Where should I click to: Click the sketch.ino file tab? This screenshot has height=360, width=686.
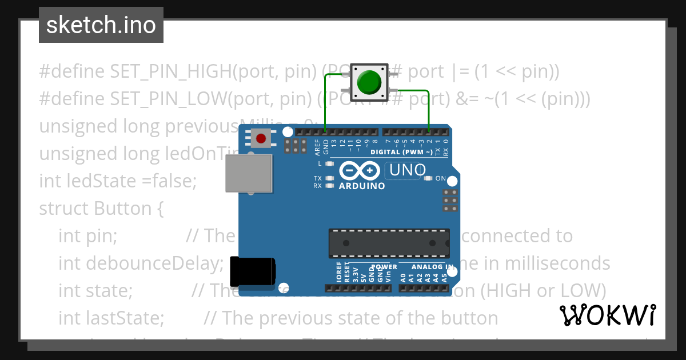[x=101, y=25]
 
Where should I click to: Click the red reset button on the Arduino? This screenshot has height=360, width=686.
[x=261, y=138]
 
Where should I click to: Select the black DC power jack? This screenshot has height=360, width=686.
[x=252, y=271]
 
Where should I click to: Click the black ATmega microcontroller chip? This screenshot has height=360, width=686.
[x=389, y=243]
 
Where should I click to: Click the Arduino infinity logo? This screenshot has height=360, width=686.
[x=360, y=170]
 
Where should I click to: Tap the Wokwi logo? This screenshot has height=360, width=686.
[x=607, y=315]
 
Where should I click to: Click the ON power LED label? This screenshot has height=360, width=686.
[x=441, y=178]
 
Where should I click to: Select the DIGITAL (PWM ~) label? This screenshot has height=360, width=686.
[x=401, y=152]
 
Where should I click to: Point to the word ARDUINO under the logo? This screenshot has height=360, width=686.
[x=362, y=186]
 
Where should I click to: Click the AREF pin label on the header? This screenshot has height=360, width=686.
[x=317, y=147]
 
